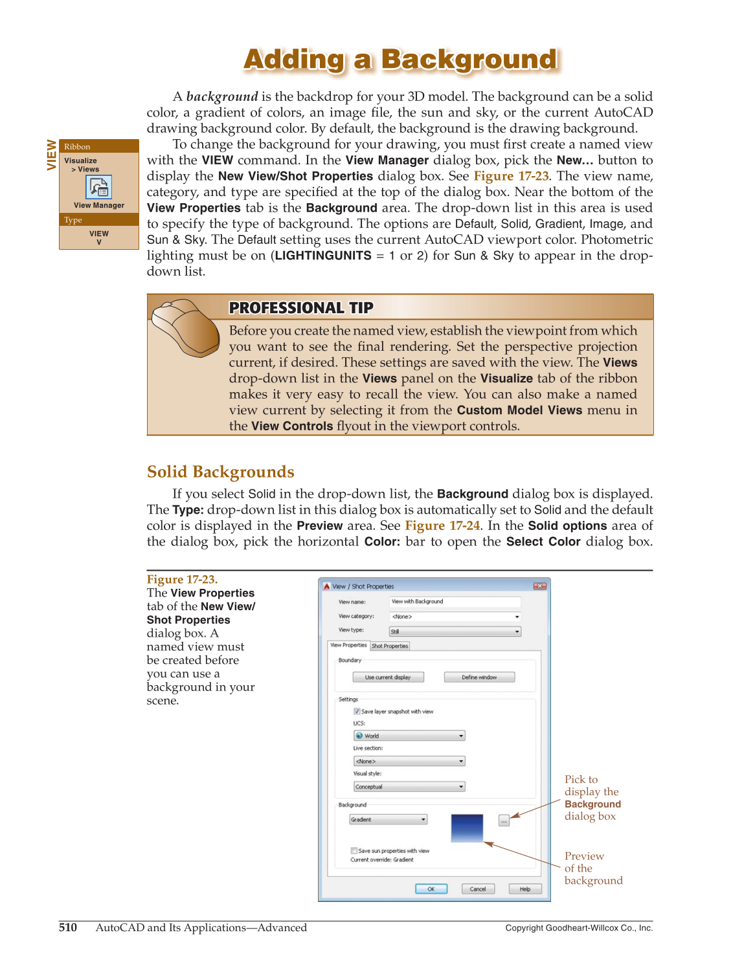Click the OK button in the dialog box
click(x=431, y=889)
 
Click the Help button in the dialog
click(x=524, y=889)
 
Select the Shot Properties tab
click(x=390, y=646)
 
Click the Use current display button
click(x=388, y=677)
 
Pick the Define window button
click(x=479, y=677)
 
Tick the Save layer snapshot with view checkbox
click(x=357, y=711)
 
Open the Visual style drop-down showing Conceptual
click(x=409, y=787)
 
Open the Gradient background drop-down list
click(x=389, y=820)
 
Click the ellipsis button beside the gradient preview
click(x=504, y=821)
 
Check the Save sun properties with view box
click(x=354, y=851)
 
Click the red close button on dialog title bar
click(x=539, y=586)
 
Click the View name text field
click(x=455, y=602)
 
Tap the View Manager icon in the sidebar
click(x=99, y=188)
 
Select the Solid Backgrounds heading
click(x=220, y=472)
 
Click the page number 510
click(x=68, y=927)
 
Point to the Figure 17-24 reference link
click(x=442, y=525)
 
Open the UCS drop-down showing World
click(x=409, y=736)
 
